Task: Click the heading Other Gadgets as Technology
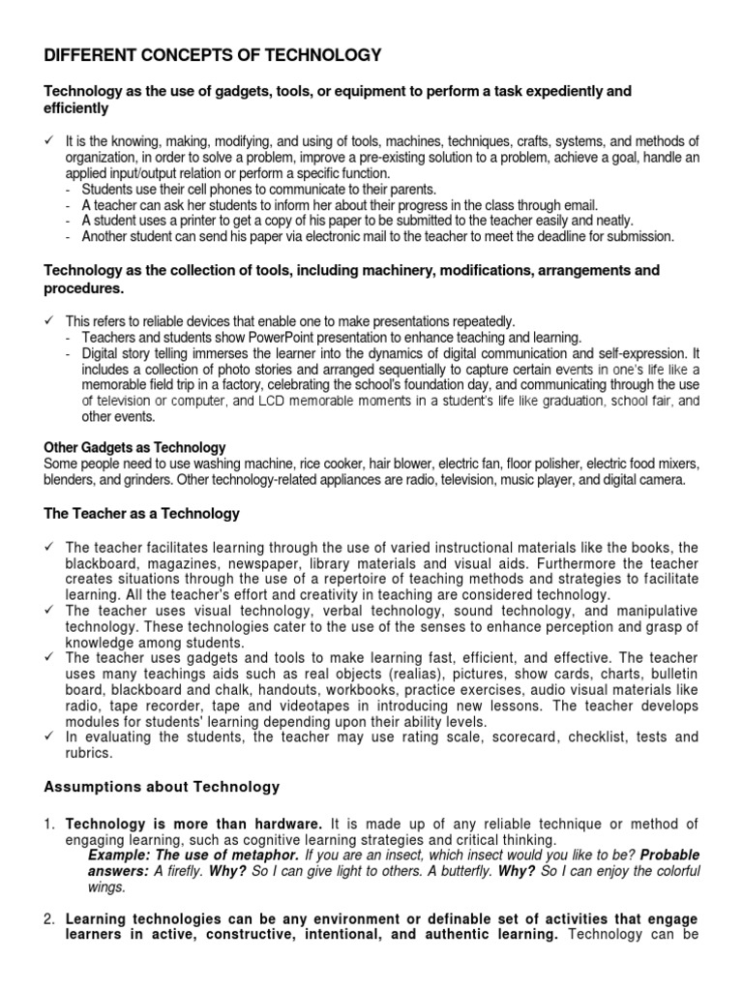tap(134, 447)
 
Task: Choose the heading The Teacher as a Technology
tap(142, 513)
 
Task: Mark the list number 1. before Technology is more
tap(50, 824)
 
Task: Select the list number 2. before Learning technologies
tap(50, 917)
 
